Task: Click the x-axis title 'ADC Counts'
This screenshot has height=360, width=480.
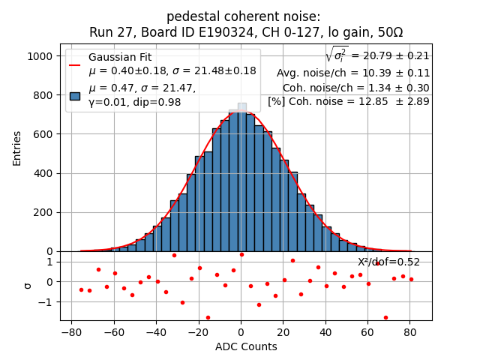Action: coord(246,346)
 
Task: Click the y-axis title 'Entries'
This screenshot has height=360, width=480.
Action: coord(17,147)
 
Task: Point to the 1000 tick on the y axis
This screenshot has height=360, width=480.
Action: coord(42,56)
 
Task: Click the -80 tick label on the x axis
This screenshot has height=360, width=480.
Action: coord(71,331)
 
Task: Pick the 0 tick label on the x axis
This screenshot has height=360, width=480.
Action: coord(241,331)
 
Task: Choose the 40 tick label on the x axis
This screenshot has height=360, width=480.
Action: coord(325,331)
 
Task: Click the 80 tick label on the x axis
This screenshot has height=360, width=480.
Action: coord(410,331)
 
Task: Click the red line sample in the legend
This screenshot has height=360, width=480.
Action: coord(75,64)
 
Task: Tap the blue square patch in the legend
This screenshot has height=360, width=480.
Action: coord(75,95)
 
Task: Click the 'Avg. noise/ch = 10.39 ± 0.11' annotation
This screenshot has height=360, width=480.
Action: coord(353,73)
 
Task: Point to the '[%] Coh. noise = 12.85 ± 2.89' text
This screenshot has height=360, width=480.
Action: coord(349,101)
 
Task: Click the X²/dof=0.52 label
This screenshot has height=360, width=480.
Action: coord(388,262)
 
